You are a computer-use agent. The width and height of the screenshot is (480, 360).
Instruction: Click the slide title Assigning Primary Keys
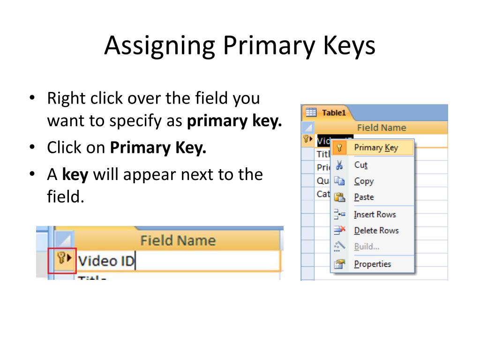click(x=240, y=45)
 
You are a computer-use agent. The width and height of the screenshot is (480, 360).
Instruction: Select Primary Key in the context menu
click(x=375, y=148)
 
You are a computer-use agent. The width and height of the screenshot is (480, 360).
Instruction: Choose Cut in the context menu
click(x=360, y=165)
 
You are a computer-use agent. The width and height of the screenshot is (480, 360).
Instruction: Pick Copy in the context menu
click(x=364, y=181)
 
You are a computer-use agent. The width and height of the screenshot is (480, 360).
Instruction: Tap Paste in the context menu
click(x=364, y=197)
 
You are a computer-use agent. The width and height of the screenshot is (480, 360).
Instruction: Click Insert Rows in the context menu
click(x=375, y=214)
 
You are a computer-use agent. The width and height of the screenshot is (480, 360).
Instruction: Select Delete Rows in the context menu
click(x=376, y=231)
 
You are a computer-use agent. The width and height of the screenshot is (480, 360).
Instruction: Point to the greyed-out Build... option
click(x=367, y=247)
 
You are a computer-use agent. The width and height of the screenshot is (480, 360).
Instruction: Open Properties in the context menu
click(x=372, y=264)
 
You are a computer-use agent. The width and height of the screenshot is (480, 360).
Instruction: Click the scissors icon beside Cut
click(x=339, y=165)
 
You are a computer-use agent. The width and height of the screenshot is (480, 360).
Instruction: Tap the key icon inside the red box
click(x=60, y=257)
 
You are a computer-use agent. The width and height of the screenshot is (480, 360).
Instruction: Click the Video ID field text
click(x=106, y=261)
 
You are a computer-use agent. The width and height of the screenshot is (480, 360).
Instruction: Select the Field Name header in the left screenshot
click(x=178, y=240)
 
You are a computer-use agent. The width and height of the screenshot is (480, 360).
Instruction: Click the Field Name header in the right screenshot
click(x=381, y=127)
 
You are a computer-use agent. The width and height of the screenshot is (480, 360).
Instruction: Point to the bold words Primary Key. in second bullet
click(x=158, y=148)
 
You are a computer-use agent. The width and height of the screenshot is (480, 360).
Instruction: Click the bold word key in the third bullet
click(x=75, y=175)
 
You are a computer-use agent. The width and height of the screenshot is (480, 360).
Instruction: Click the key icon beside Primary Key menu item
click(x=340, y=148)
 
